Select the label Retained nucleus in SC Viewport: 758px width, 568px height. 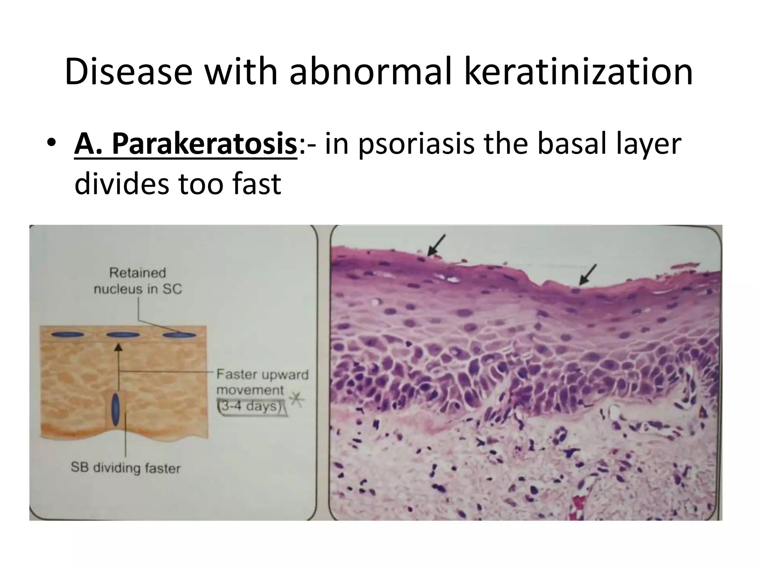138,281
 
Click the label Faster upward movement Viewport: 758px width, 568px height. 262,382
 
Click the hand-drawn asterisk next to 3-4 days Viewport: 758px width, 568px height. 296,400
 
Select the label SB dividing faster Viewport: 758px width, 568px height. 125,468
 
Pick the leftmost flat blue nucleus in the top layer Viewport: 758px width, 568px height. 67,335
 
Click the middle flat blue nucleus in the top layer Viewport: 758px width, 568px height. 123,335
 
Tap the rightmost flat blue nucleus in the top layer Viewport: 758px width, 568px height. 180,335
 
